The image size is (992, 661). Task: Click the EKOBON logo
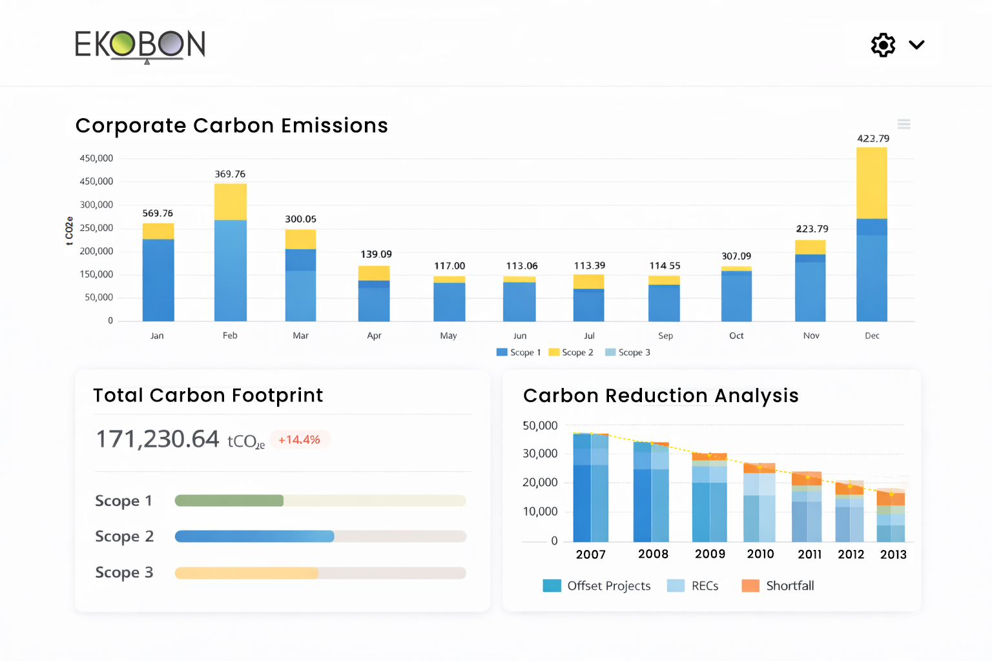tap(140, 45)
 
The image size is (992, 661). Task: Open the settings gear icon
tap(883, 45)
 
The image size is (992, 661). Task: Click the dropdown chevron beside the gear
tap(916, 45)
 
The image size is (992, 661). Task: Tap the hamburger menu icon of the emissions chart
tap(904, 124)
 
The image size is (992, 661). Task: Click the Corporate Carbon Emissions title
tap(231, 125)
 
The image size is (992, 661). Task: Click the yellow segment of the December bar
tap(871, 183)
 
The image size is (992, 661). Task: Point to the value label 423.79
tap(873, 138)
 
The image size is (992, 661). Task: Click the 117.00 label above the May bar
tap(449, 266)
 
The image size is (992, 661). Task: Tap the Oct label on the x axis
tap(736, 336)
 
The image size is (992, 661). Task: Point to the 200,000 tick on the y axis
tap(96, 251)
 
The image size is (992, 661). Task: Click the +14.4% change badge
tap(299, 440)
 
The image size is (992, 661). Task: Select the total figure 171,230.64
tap(158, 439)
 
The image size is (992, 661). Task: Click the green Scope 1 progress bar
tap(229, 500)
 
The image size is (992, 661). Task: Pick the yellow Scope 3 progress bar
tap(247, 573)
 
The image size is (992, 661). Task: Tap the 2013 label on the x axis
tap(893, 554)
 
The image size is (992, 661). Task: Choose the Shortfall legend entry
tap(778, 585)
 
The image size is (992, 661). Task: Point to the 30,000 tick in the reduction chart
tap(540, 454)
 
